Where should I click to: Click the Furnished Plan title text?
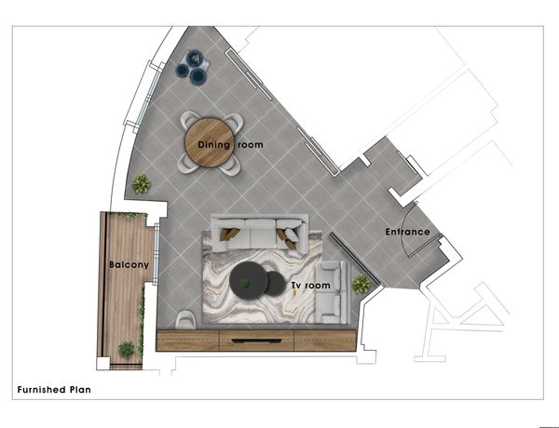pos(54,390)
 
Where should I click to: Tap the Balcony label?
pos(129,264)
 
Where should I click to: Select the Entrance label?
pos(407,232)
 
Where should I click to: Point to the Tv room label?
pos(310,286)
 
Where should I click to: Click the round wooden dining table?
pos(210,142)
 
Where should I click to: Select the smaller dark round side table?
pos(275,284)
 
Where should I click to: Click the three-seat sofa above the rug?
pos(260,234)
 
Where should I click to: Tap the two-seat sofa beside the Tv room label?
pos(333,292)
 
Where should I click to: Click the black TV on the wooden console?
pos(256,341)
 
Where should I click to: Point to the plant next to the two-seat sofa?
pos(361,284)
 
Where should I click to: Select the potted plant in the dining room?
pos(142,183)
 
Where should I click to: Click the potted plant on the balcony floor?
pos(127,349)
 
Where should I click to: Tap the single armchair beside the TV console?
pos(185,319)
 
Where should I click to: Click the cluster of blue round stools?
pos(193,67)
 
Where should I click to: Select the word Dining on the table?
pos(214,144)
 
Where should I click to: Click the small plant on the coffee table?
pos(244,283)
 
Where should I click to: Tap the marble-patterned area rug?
pos(262,277)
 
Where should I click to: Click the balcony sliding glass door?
pos(157,253)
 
